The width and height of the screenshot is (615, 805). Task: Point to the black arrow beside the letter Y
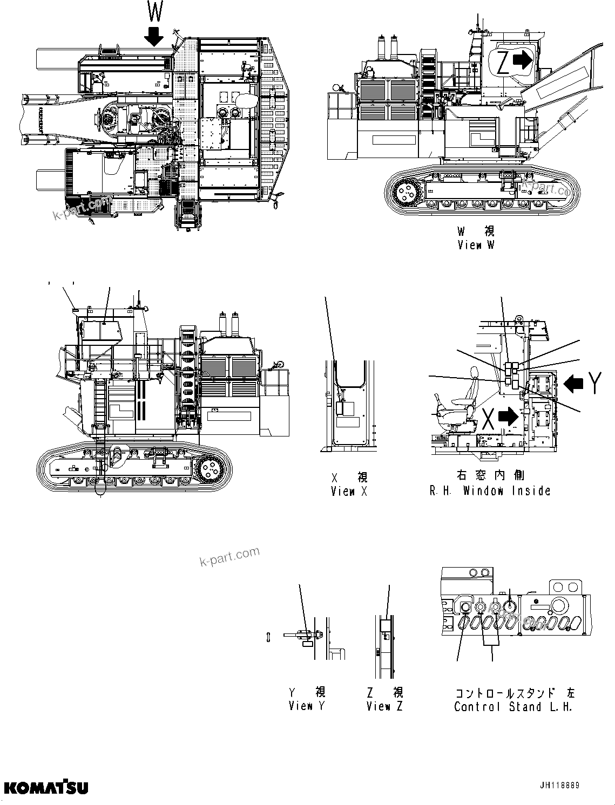[x=573, y=383]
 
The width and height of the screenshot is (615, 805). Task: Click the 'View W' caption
[x=475, y=245]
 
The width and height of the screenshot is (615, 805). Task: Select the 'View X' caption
[x=349, y=491]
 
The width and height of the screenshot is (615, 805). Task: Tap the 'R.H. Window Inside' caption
[x=490, y=491]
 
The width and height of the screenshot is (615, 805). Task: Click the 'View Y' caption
[x=306, y=706]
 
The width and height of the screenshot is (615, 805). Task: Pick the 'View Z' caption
[x=384, y=706]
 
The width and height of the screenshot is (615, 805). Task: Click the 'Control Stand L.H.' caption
[x=513, y=707]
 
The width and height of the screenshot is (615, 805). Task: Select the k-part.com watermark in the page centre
[x=229, y=556]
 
